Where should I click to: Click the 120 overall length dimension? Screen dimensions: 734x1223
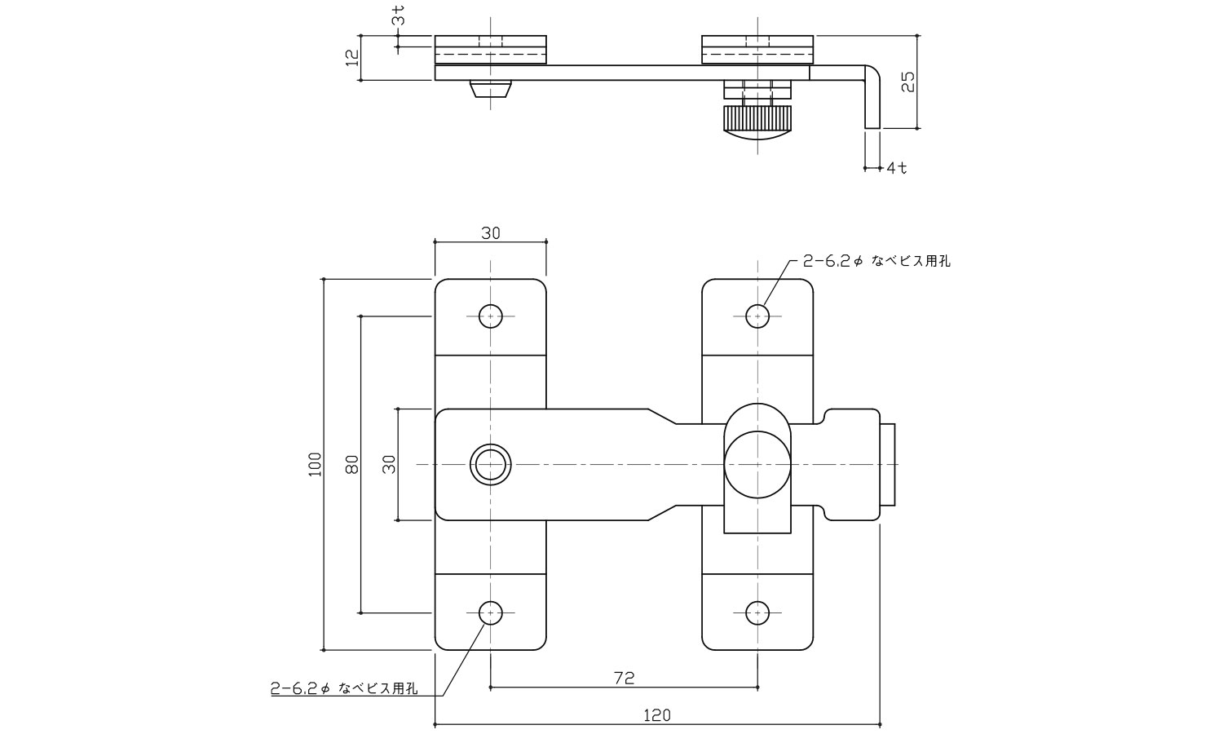[x=656, y=715]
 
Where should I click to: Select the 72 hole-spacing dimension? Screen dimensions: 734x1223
[x=624, y=678]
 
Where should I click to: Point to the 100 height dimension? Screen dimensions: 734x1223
[x=316, y=464]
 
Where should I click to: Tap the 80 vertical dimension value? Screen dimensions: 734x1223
[x=351, y=464]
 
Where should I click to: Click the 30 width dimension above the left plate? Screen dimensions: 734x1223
[x=490, y=233]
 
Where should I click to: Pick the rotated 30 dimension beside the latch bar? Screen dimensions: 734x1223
[x=389, y=464]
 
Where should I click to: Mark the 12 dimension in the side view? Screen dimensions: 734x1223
[x=351, y=58]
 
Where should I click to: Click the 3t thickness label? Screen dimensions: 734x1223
[x=397, y=15]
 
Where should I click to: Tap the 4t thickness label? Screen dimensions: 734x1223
[x=897, y=168]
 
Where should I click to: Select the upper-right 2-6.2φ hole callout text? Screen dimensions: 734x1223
[x=876, y=261]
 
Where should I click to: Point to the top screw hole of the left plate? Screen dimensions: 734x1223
[x=490, y=316]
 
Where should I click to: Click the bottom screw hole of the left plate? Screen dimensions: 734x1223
[x=490, y=612]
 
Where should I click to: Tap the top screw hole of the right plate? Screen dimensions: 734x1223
[x=757, y=316]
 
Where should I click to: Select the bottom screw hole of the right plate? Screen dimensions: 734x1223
[x=757, y=612]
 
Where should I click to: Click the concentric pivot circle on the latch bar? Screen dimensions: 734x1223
[x=490, y=464]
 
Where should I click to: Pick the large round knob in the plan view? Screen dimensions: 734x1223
[x=757, y=466]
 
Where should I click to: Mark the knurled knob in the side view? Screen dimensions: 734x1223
[x=757, y=122]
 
